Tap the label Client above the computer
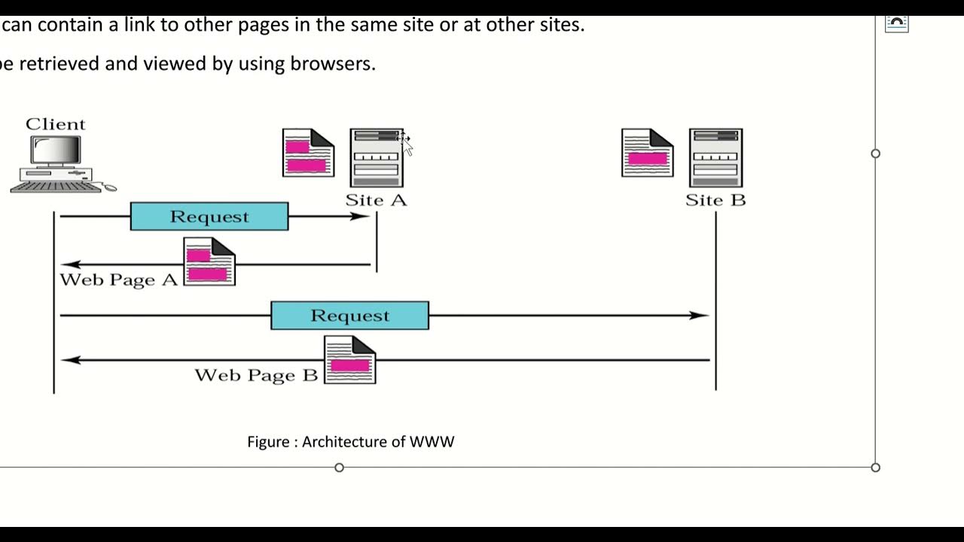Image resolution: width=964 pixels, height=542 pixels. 56,124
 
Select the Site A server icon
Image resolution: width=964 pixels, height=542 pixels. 377,158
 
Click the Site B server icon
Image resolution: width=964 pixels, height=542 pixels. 715,158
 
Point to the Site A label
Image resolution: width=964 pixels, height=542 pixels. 376,200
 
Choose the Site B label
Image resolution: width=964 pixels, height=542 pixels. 715,200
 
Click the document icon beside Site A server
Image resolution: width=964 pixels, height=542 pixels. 308,153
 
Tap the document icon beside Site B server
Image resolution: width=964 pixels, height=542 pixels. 647,153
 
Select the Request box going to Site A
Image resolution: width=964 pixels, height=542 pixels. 209,217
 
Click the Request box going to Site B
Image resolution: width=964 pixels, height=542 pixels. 349,315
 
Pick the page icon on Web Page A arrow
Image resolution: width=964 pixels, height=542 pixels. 209,262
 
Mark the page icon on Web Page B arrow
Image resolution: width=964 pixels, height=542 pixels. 349,360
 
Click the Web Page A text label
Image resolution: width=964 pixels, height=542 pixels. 118,280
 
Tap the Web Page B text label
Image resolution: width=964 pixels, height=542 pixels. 256,375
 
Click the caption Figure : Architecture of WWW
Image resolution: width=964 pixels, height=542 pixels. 350,442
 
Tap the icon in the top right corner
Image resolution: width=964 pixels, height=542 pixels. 896,23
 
